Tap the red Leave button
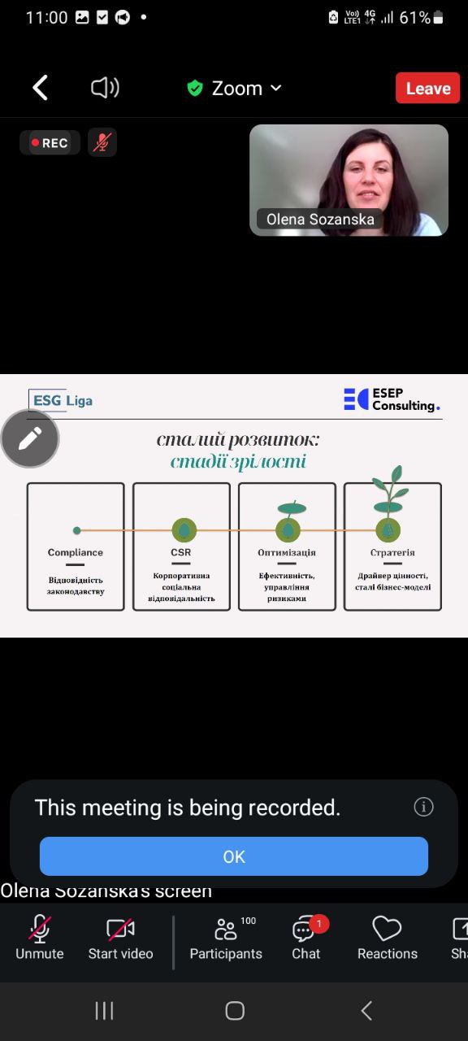click(x=427, y=88)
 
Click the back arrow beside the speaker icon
click(x=40, y=87)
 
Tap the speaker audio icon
click(x=105, y=87)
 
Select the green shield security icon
click(x=194, y=88)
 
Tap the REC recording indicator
click(x=50, y=142)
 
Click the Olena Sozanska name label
click(x=320, y=220)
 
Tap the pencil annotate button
click(x=30, y=438)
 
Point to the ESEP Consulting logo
click(x=392, y=399)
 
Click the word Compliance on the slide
click(x=76, y=552)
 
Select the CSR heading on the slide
click(x=180, y=552)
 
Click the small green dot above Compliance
click(x=77, y=530)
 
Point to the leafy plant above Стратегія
click(x=389, y=490)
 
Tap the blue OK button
click(x=233, y=856)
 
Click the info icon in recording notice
click(x=423, y=807)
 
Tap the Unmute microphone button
click(x=40, y=937)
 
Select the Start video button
click(x=121, y=937)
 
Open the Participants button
click(x=226, y=937)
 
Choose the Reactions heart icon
click(x=388, y=929)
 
